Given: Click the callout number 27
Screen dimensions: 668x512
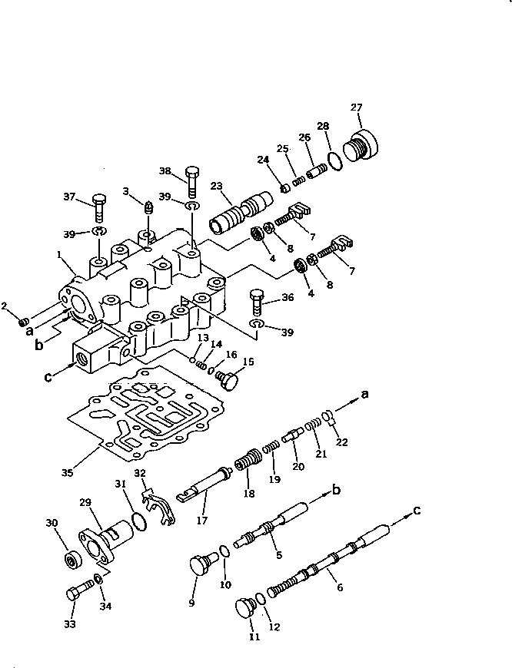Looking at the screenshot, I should coord(355,107).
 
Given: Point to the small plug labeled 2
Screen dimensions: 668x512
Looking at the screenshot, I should coord(25,319).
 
